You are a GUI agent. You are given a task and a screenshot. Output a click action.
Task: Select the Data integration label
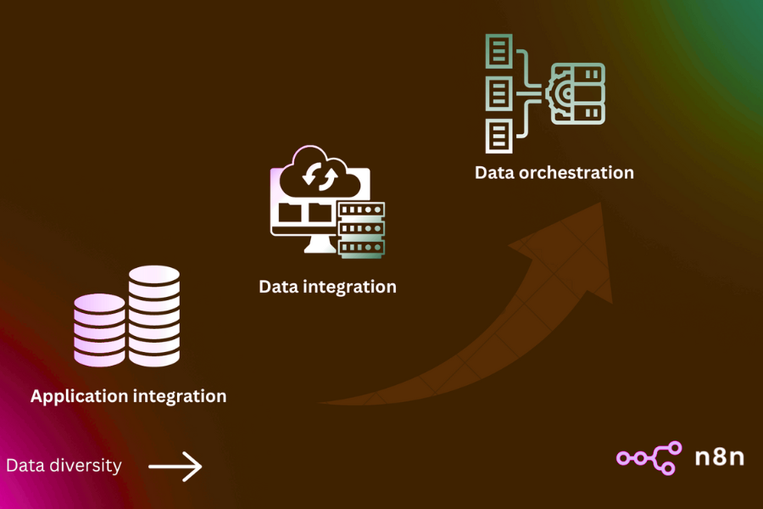(327, 287)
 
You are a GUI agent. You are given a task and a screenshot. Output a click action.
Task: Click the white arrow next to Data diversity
(175, 466)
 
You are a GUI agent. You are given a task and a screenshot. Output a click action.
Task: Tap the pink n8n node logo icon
(649, 457)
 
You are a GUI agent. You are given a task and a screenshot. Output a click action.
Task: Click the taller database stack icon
(154, 316)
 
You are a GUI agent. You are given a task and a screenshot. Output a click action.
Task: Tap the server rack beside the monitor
(361, 229)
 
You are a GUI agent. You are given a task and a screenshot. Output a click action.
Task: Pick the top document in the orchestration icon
(498, 51)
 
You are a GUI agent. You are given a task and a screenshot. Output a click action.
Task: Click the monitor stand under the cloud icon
(318, 243)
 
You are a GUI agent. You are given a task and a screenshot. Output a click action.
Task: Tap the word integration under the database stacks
(179, 396)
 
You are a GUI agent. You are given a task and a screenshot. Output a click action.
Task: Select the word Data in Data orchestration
(494, 172)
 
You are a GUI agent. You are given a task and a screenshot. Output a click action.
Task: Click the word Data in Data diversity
(25, 466)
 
